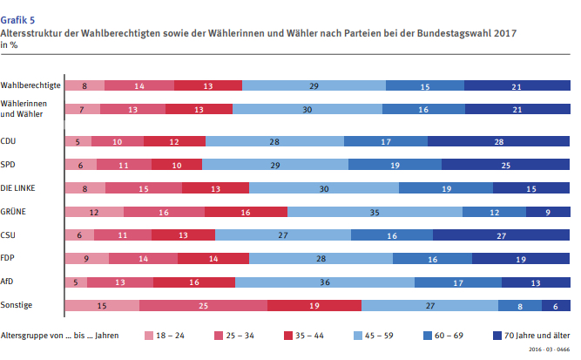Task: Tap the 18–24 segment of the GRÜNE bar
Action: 94,211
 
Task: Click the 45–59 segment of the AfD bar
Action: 324,282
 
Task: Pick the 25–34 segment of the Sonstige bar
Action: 203,305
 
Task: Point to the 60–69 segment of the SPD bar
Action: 395,164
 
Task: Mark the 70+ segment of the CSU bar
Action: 502,234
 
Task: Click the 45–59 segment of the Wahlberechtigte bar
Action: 314,85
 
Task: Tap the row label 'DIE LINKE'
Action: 23,187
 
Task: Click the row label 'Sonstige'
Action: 19,305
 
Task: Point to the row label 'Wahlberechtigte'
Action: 30,85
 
